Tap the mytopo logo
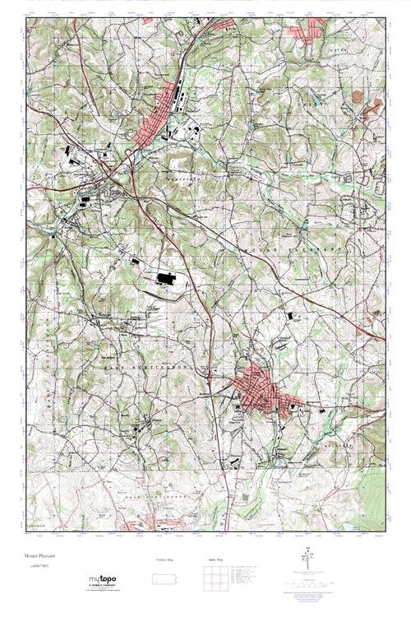pos(103,580)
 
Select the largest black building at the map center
pos(165,280)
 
